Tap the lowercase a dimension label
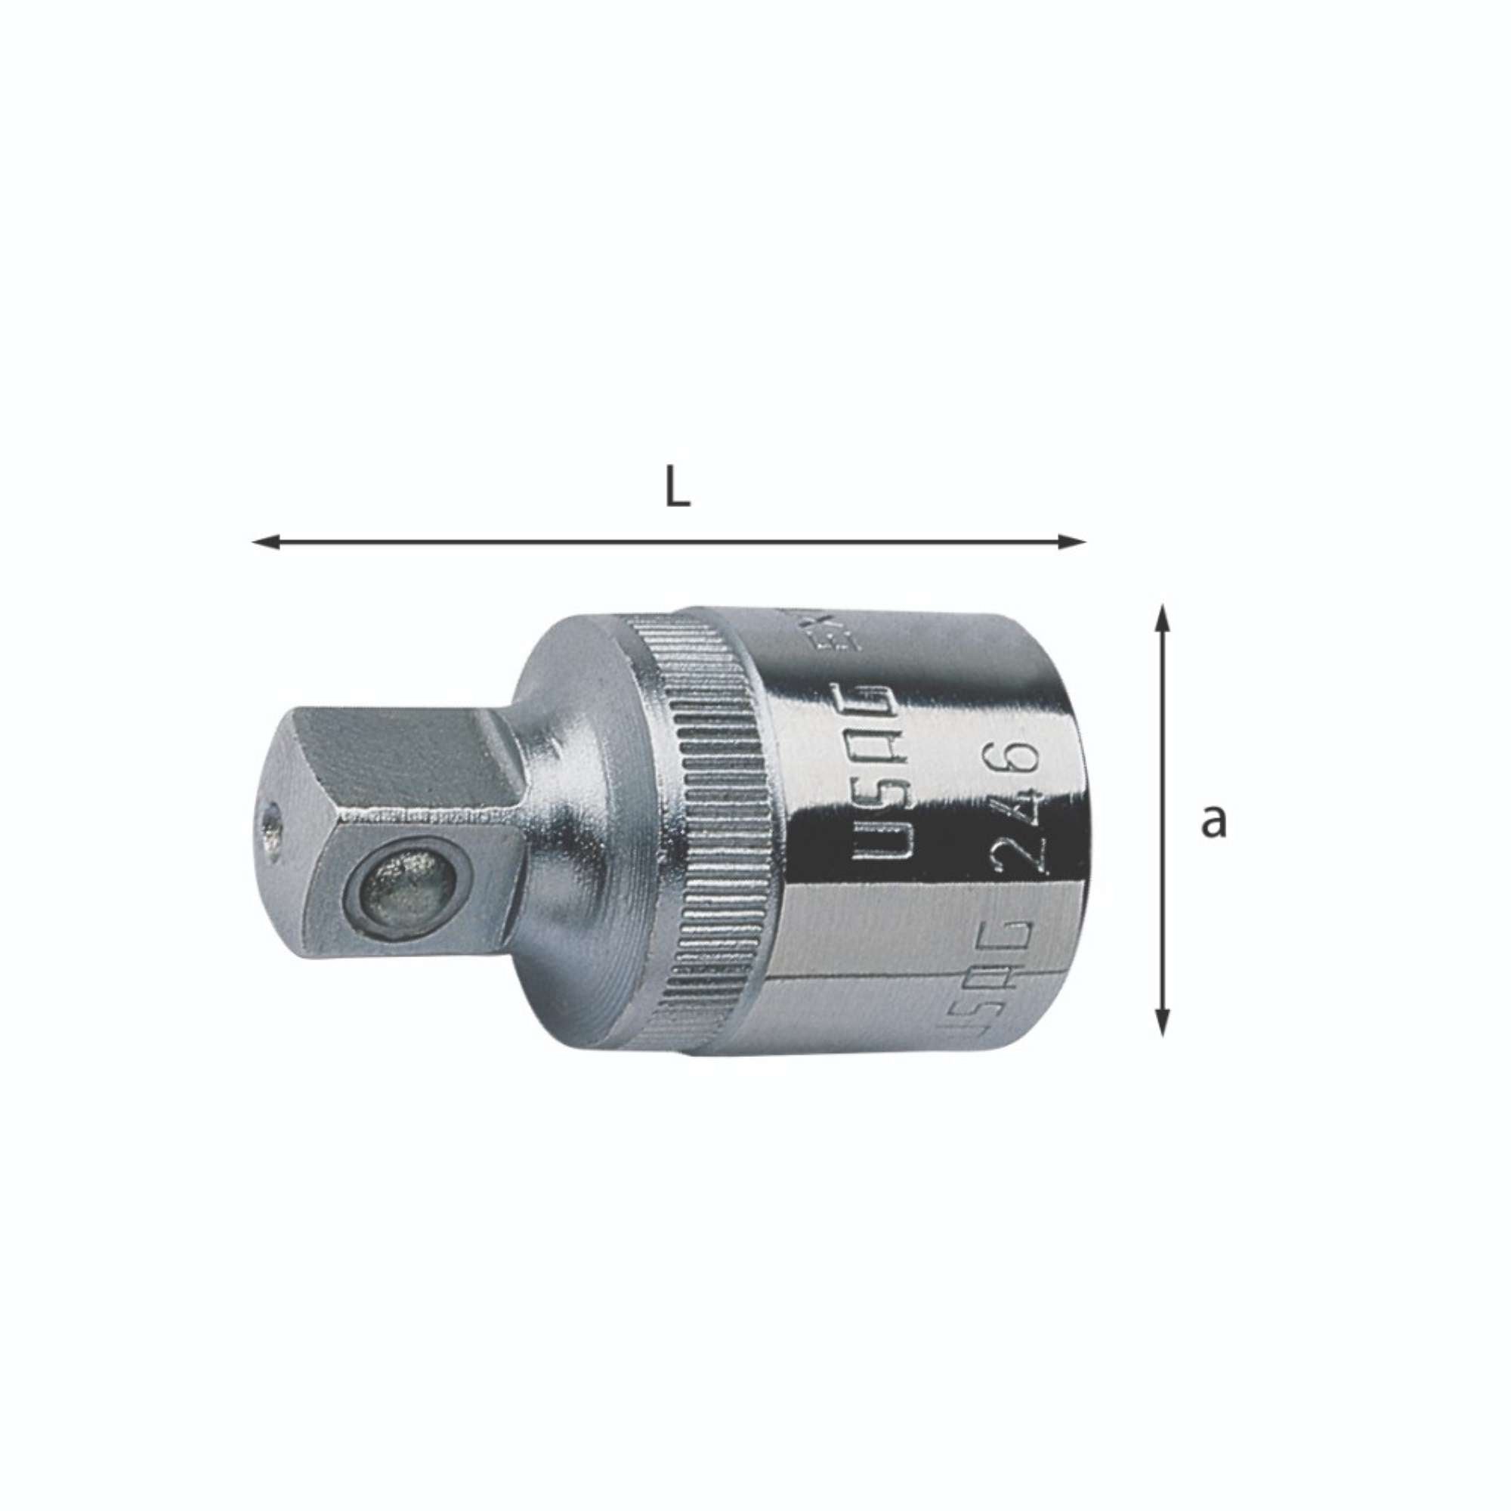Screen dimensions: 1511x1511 (x=1213, y=821)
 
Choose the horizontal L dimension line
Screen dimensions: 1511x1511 (x=669, y=541)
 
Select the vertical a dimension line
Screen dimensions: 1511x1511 (x=1163, y=821)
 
